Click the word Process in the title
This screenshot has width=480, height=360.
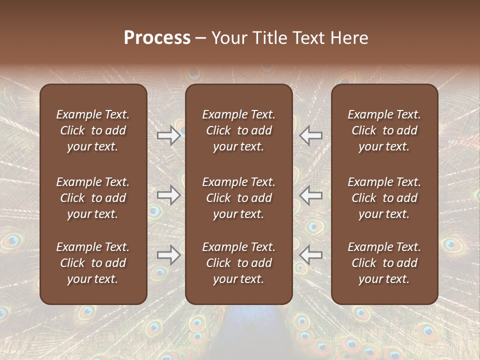(x=157, y=38)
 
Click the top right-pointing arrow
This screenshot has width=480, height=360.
(x=168, y=135)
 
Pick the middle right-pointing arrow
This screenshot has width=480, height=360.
(x=168, y=195)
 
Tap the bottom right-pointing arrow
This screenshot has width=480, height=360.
(x=168, y=255)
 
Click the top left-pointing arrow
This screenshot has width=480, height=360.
(x=311, y=135)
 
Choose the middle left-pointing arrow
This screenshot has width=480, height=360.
(x=311, y=195)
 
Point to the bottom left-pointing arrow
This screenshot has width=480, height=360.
(x=311, y=255)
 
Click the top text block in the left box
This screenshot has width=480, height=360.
(x=93, y=130)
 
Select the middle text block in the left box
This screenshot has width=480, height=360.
(x=93, y=198)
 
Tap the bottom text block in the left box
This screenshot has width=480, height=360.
(x=93, y=263)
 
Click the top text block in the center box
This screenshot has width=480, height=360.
(x=238, y=130)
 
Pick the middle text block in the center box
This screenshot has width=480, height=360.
(x=238, y=198)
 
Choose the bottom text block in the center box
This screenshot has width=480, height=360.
(x=238, y=263)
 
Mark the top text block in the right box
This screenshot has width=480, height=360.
(x=384, y=130)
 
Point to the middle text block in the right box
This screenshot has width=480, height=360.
(x=384, y=198)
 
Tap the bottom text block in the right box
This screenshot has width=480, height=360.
(x=384, y=263)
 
